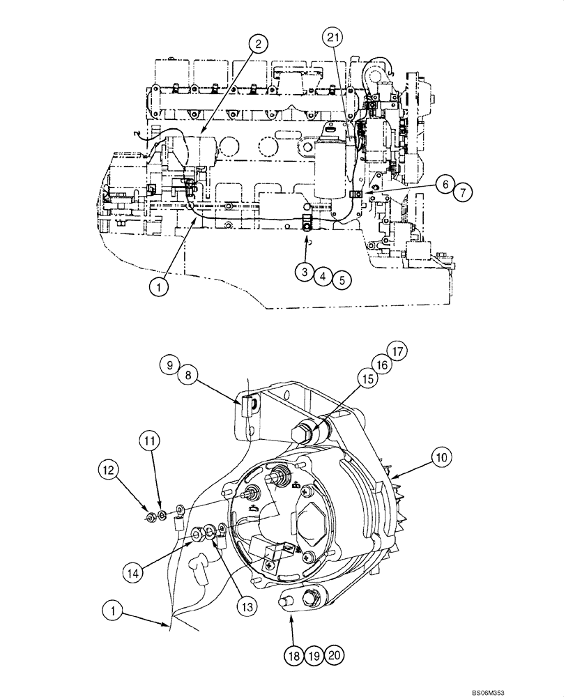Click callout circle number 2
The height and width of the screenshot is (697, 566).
click(258, 45)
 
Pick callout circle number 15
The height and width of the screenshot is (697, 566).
click(367, 381)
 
